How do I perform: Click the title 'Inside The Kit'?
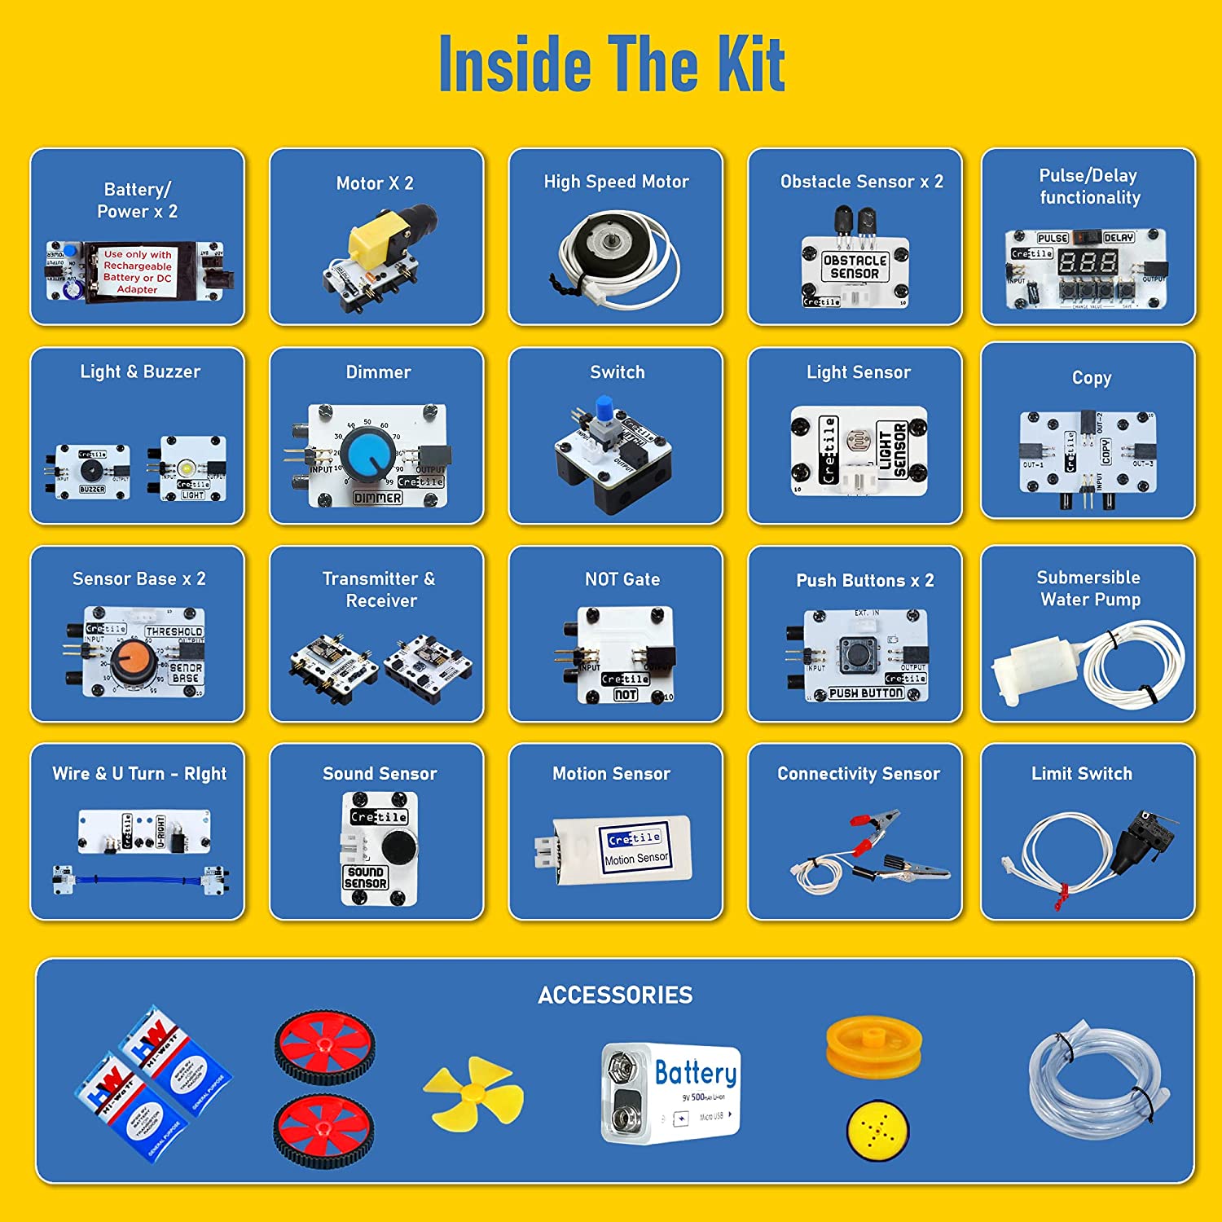pyautogui.click(x=611, y=64)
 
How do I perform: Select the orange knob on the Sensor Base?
pyautogui.click(x=133, y=662)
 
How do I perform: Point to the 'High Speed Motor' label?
pyautogui.click(x=616, y=182)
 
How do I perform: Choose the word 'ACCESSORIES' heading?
pyautogui.click(x=615, y=995)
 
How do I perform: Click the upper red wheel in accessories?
pyautogui.click(x=324, y=1046)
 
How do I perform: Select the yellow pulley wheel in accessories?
pyautogui.click(x=873, y=1044)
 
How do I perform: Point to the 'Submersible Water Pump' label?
pyautogui.click(x=1088, y=588)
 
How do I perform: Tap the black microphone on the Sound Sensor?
pyautogui.click(x=398, y=848)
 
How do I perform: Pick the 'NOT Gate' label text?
pyautogui.click(x=622, y=579)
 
